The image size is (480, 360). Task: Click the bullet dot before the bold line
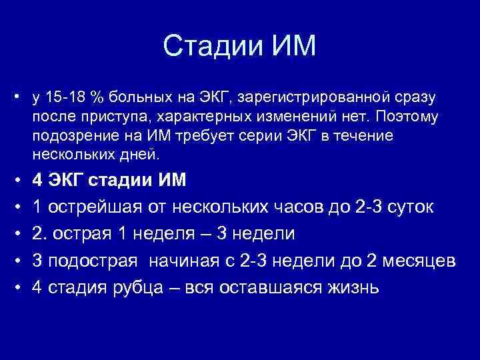(17, 181)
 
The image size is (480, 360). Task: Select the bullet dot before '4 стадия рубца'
(17, 288)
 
